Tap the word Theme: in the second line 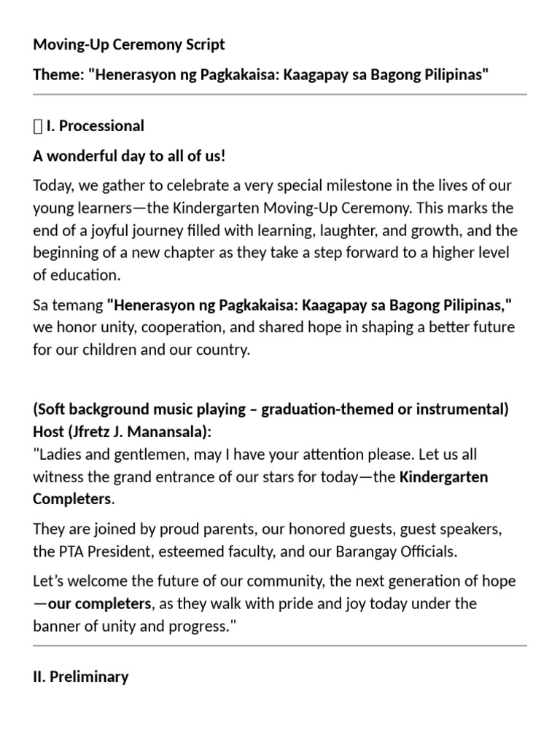click(x=58, y=76)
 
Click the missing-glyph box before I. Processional click(x=38, y=126)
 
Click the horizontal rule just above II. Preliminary click(x=280, y=645)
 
